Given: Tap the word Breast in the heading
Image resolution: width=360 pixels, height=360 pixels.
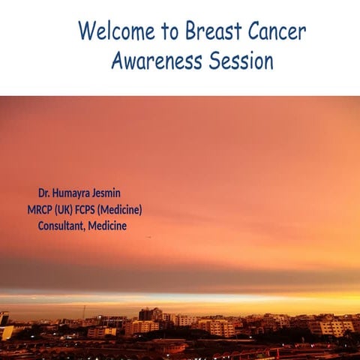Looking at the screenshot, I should (x=211, y=31).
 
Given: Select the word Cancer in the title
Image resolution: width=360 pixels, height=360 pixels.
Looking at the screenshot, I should (x=277, y=31).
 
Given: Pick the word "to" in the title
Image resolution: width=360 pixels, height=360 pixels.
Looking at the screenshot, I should (x=166, y=32).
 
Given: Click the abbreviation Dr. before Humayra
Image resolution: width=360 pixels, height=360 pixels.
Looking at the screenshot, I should (x=45, y=193).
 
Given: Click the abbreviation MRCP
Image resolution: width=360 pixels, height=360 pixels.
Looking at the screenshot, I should (x=40, y=210).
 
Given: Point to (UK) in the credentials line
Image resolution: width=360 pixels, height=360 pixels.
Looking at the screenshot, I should (x=67, y=210).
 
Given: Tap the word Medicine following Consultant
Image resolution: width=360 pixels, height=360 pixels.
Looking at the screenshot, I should (x=107, y=226).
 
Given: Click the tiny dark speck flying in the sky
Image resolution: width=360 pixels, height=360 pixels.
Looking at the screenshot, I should (x=148, y=237).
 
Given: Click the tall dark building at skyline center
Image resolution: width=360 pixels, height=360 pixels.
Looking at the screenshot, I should (x=145, y=314).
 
